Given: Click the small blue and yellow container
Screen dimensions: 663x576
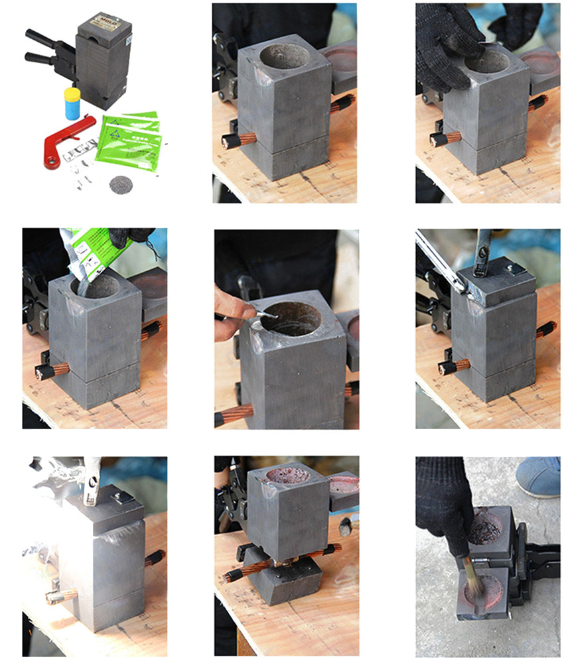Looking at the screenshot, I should [x=72, y=103].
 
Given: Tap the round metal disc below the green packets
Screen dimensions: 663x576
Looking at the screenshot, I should [x=120, y=183].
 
